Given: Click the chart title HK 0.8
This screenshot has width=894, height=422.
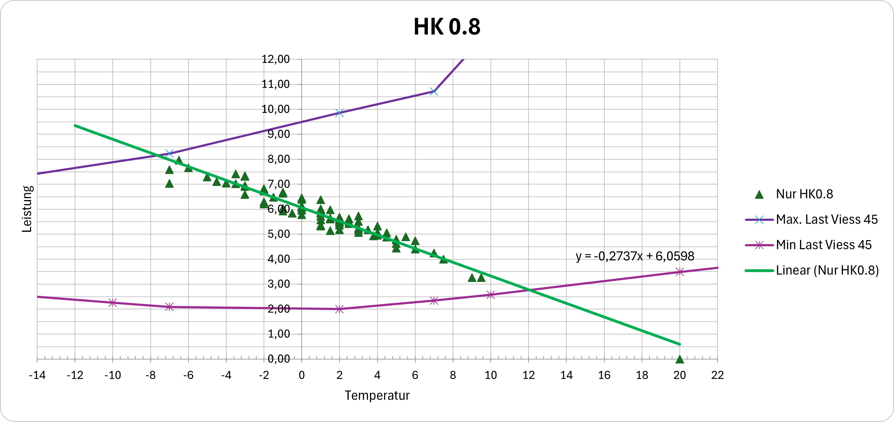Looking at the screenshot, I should (x=447, y=27).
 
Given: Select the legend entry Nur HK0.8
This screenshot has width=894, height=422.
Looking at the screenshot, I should (x=804, y=194).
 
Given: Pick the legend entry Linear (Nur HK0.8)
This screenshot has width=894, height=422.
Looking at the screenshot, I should (x=827, y=270).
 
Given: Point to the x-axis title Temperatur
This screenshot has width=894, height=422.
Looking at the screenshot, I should (x=377, y=395).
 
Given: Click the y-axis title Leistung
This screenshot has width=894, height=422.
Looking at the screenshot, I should (x=27, y=209).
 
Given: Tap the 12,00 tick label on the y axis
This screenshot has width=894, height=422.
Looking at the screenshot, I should (x=276, y=59).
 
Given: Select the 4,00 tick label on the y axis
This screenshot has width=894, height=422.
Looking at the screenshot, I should (x=278, y=259).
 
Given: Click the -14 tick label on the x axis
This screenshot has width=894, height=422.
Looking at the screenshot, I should (x=37, y=375).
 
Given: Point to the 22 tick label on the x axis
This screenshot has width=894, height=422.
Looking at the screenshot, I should (x=717, y=375).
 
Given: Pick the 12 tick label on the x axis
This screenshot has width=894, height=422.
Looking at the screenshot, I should (x=528, y=375).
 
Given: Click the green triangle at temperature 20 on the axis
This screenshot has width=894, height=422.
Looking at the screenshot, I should (x=679, y=359).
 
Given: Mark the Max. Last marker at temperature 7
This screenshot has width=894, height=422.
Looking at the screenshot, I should (x=434, y=91).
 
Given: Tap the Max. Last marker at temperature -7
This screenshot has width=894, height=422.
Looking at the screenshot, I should (x=169, y=153).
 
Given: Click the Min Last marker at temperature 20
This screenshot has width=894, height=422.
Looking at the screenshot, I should (x=679, y=272).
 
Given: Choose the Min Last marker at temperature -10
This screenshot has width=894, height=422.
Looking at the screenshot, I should (x=112, y=303).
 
